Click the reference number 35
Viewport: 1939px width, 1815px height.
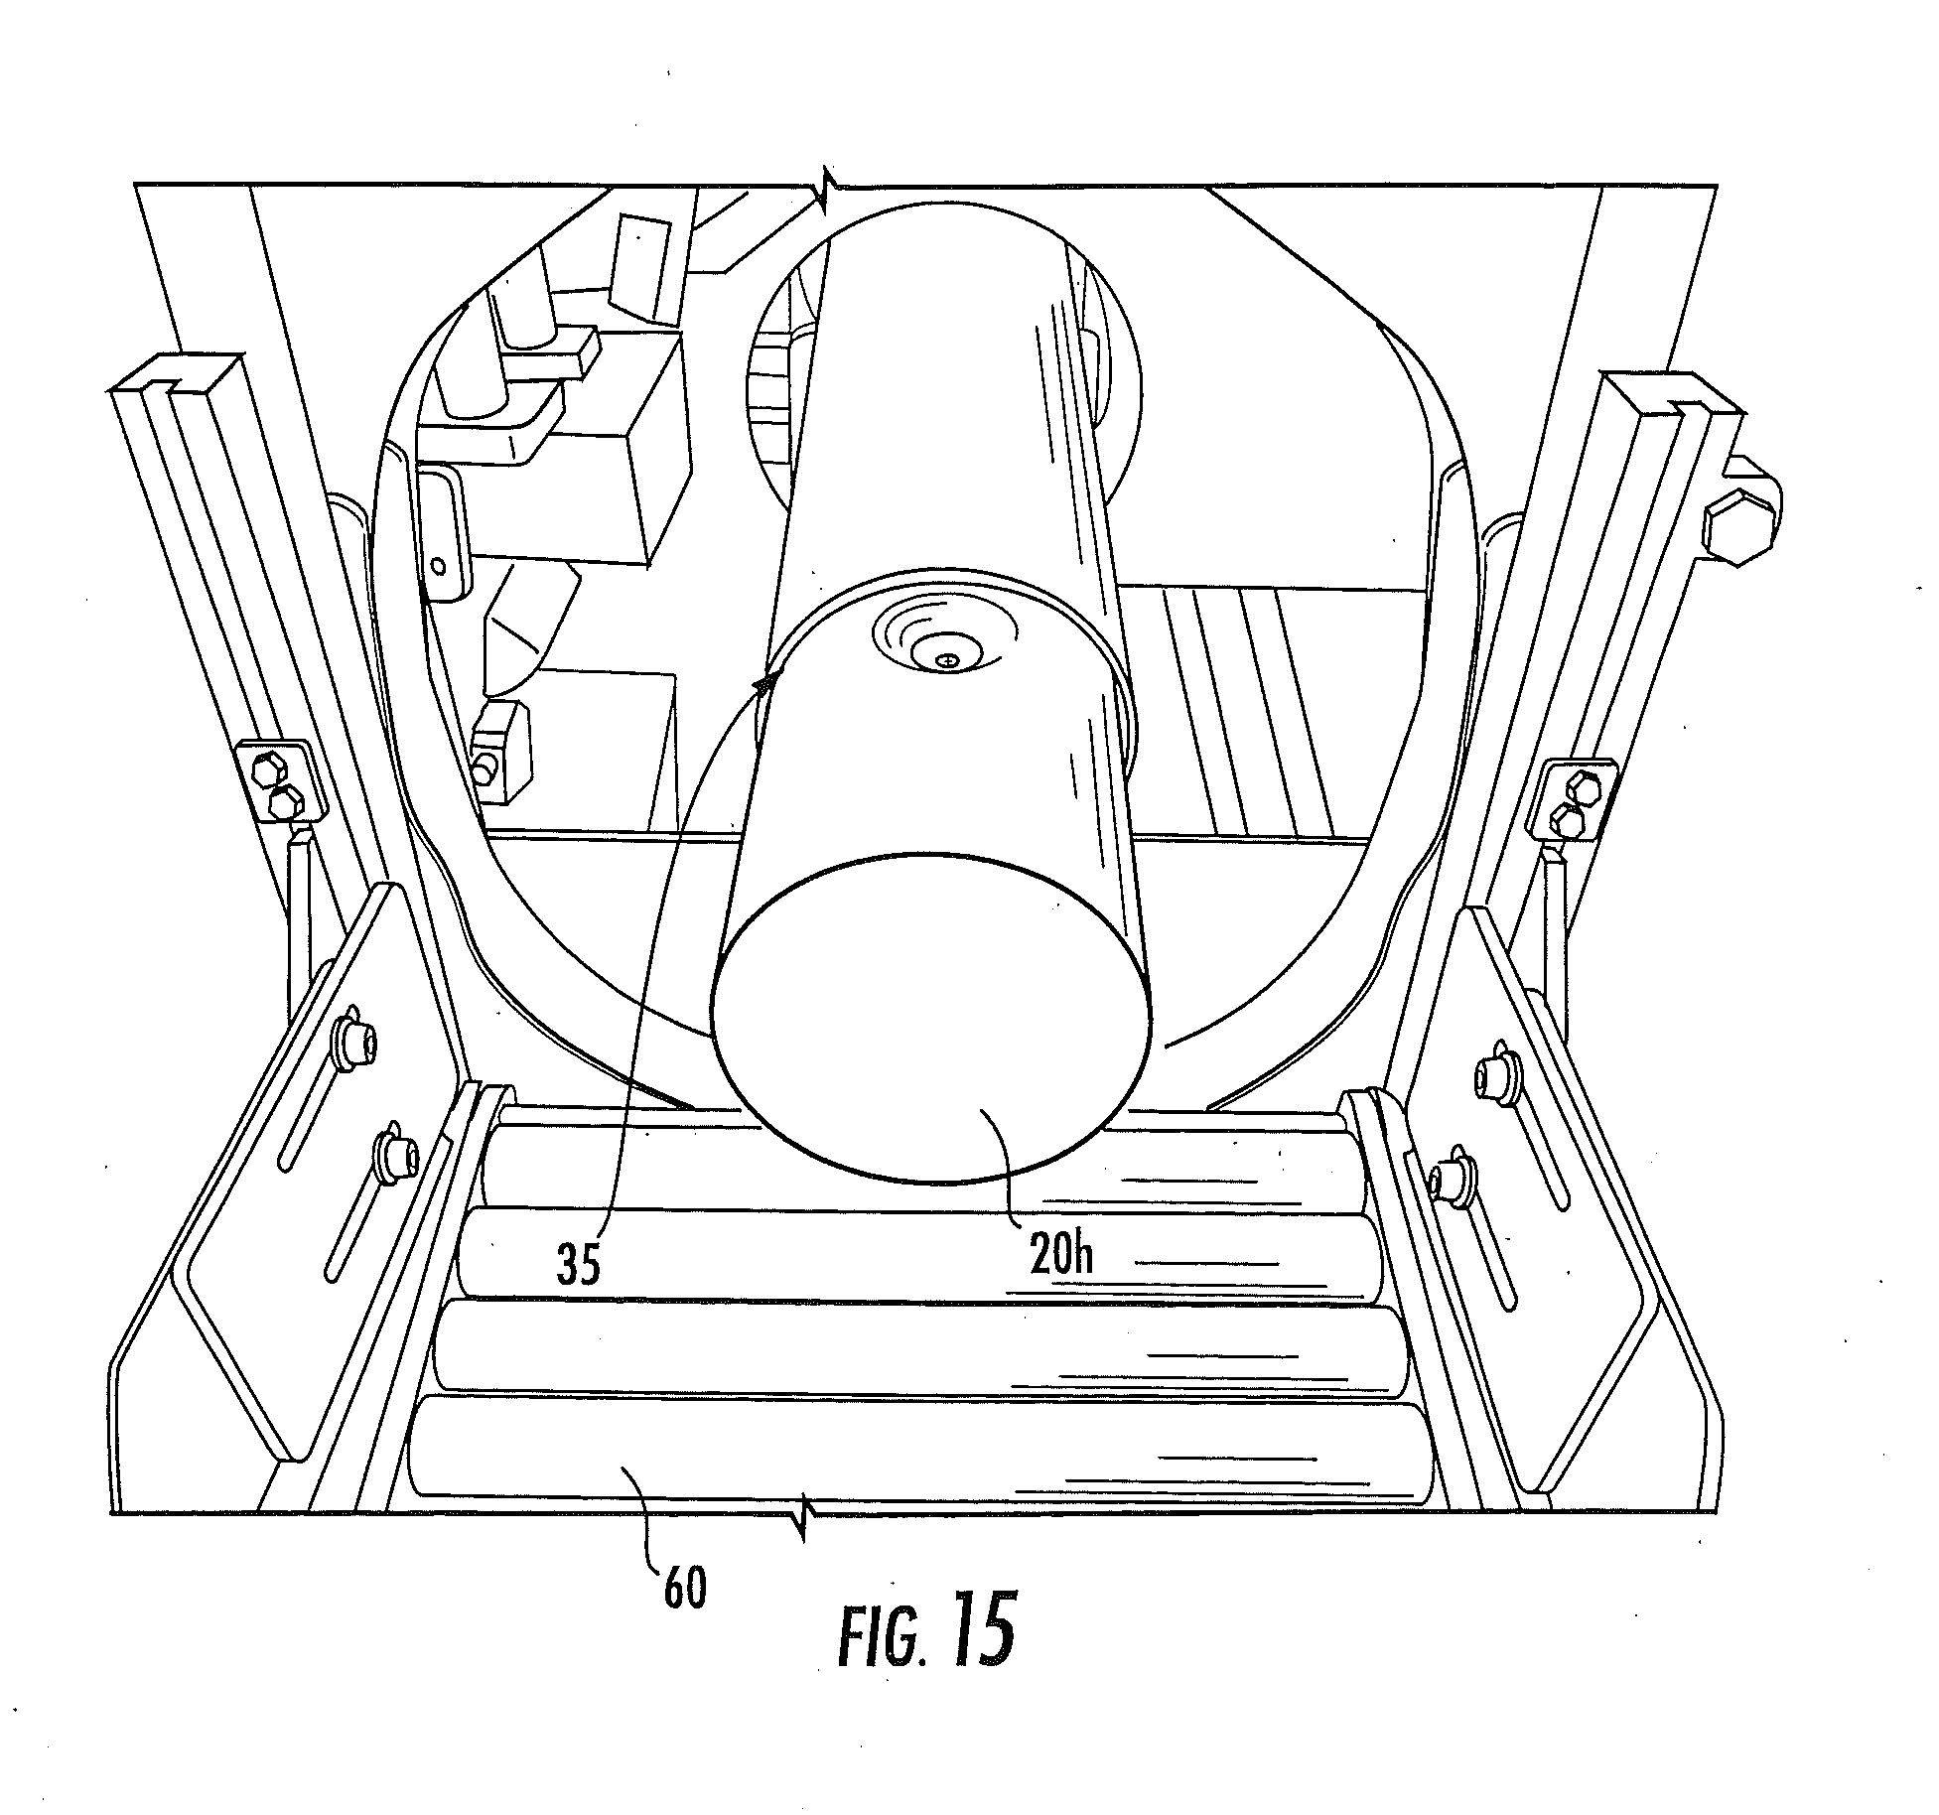point(578,1264)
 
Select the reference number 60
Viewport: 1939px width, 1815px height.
point(684,1589)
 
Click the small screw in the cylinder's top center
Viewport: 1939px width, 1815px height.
point(949,659)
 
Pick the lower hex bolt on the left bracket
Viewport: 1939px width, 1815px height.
point(286,800)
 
